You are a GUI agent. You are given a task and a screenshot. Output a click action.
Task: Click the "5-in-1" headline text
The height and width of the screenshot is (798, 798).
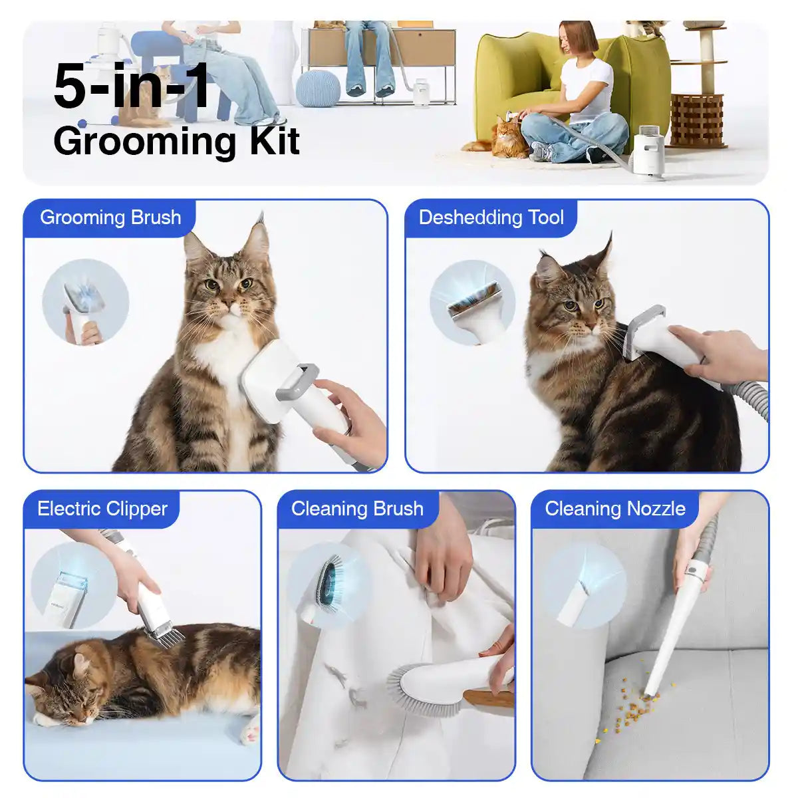click(x=132, y=86)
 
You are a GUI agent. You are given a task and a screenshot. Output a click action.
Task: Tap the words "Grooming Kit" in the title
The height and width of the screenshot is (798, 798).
click(x=176, y=141)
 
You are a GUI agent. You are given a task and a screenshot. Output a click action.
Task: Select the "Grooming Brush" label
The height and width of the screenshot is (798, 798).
click(x=110, y=217)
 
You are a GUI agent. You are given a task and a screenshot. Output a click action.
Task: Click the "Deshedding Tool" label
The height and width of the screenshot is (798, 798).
click(x=491, y=217)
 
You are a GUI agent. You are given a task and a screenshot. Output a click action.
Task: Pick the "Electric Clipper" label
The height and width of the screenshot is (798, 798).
click(x=102, y=509)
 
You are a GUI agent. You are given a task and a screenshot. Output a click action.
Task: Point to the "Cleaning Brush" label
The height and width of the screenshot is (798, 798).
click(x=357, y=509)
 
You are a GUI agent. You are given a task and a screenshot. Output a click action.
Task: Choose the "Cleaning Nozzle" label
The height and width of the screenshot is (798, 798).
click(x=615, y=509)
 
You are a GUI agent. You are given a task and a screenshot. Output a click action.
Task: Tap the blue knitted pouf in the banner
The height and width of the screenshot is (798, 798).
click(x=318, y=88)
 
